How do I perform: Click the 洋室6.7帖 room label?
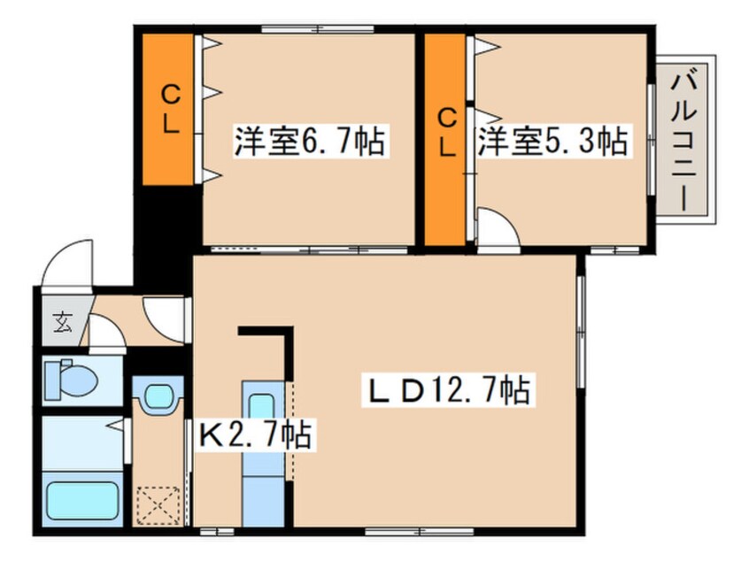310,141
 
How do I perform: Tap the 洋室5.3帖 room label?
553,141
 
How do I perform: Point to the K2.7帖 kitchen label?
256,434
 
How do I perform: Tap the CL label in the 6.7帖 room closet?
170,110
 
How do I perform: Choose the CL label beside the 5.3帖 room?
447,133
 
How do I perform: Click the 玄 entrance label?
63,322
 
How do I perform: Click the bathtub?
82,500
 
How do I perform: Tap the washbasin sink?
158,396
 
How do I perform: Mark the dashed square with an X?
158,505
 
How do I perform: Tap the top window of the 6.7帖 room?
318,29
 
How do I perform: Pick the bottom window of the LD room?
420,531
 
